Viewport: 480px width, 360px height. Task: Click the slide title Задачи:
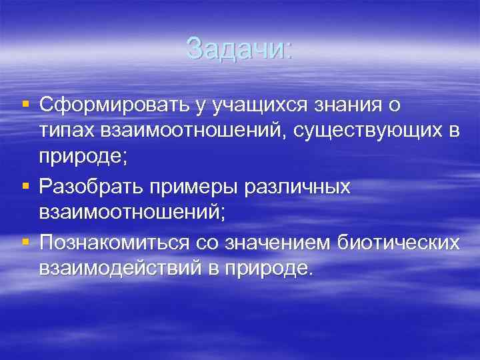point(239,48)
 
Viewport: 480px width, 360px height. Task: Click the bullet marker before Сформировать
point(25,105)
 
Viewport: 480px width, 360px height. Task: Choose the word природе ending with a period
point(275,269)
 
